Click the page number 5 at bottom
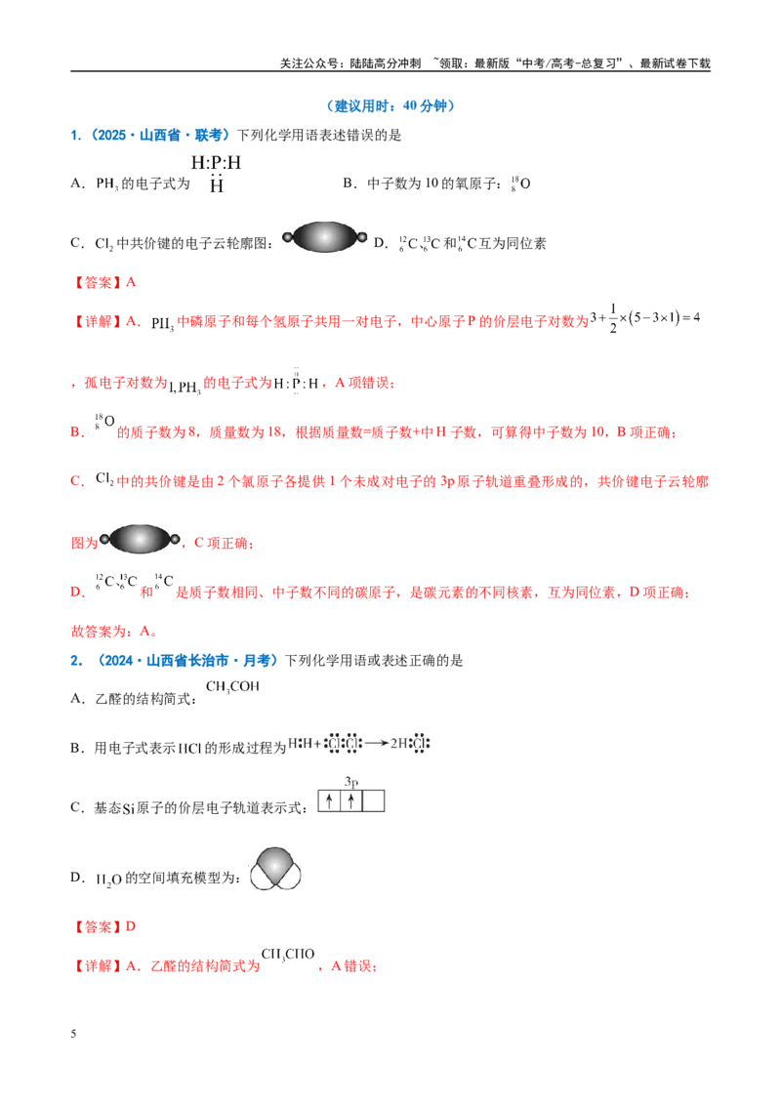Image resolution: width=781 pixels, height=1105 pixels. [73, 1034]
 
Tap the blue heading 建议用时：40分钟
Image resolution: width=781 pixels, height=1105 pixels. [390, 105]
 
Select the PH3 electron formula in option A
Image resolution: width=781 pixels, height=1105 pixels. [217, 174]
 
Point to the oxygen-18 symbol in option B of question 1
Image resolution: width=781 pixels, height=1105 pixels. [520, 184]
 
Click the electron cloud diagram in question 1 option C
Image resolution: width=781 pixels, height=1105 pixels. [325, 237]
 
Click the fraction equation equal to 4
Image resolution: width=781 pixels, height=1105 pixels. [645, 318]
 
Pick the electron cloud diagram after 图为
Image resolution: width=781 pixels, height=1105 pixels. [141, 539]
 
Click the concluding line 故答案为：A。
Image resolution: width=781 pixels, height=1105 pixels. [114, 631]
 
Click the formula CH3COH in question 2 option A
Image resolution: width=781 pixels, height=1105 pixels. [232, 687]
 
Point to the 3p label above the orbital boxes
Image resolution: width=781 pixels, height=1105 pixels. [351, 782]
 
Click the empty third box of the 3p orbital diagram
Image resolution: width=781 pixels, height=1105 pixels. [373, 801]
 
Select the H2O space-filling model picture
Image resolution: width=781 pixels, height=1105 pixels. [275, 868]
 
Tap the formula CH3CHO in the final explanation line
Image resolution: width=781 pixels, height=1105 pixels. [288, 955]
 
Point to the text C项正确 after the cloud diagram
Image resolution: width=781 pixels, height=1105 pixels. [220, 543]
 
